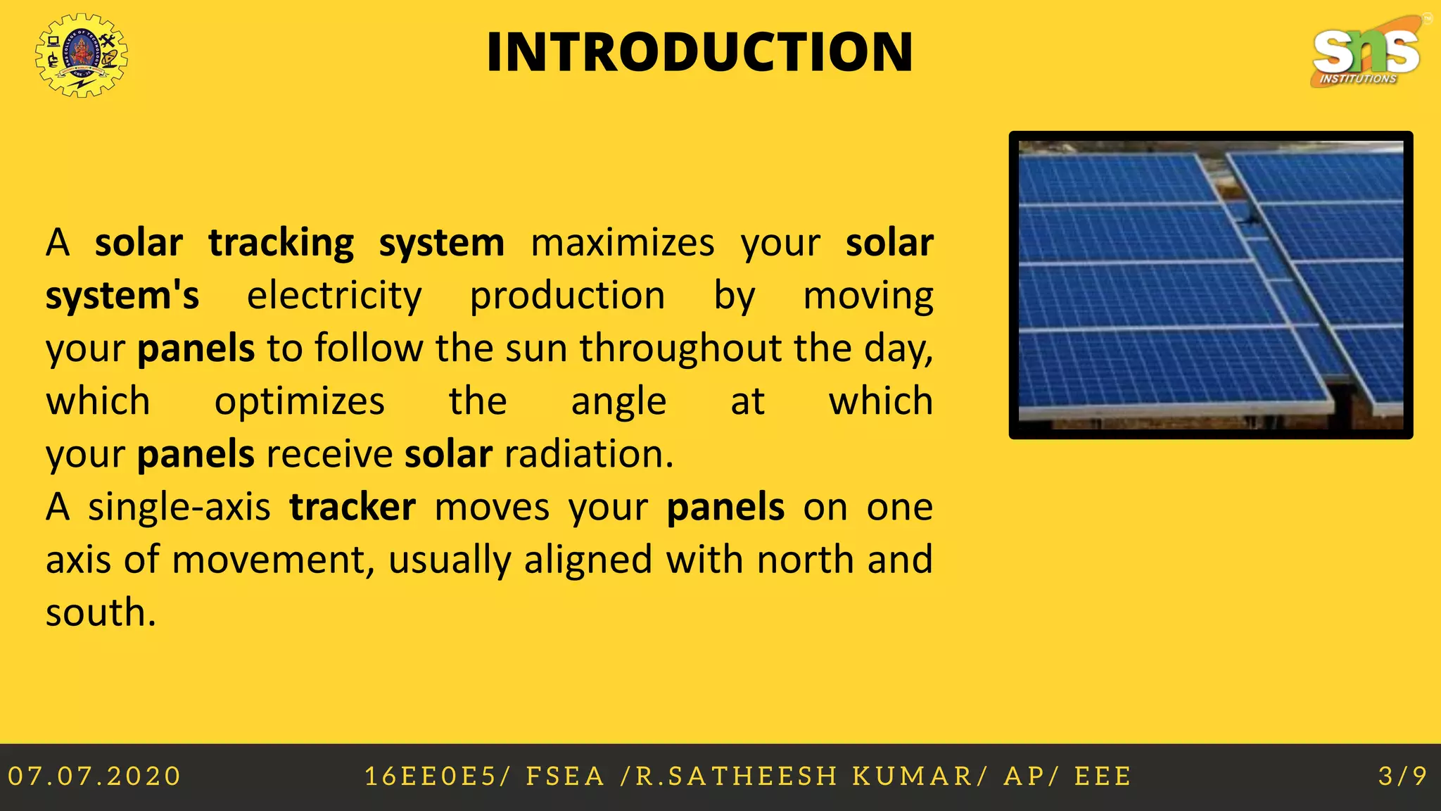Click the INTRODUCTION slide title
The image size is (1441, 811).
699,52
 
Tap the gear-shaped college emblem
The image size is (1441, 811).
82,55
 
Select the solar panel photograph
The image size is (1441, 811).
1211,285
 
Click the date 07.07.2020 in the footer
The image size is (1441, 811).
94,777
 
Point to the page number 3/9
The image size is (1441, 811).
1403,777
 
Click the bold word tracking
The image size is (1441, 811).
281,243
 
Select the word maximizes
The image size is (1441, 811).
622,243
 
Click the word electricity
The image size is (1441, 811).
334,296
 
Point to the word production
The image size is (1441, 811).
567,296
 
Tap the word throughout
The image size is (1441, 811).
680,348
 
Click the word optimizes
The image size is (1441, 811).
299,401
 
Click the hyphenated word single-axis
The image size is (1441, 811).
179,507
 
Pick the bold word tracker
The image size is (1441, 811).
353,507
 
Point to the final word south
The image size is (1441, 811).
101,612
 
